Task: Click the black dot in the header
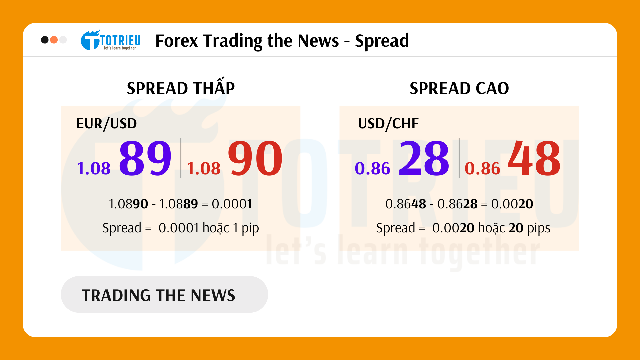pos(45,40)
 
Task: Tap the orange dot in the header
pos(54,40)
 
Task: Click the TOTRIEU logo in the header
pos(111,40)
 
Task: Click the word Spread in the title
pos(382,41)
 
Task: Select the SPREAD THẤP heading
pos(181,88)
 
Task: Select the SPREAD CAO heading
pos(459,88)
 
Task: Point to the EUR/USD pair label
pos(106,124)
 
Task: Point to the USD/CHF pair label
pos(388,124)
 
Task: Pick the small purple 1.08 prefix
pos(94,168)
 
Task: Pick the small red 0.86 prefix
pos(482,168)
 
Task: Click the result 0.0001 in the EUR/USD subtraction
pos(232,204)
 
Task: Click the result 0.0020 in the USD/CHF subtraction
pos(512,204)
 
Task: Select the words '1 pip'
pos(246,228)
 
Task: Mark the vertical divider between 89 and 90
pos(181,158)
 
